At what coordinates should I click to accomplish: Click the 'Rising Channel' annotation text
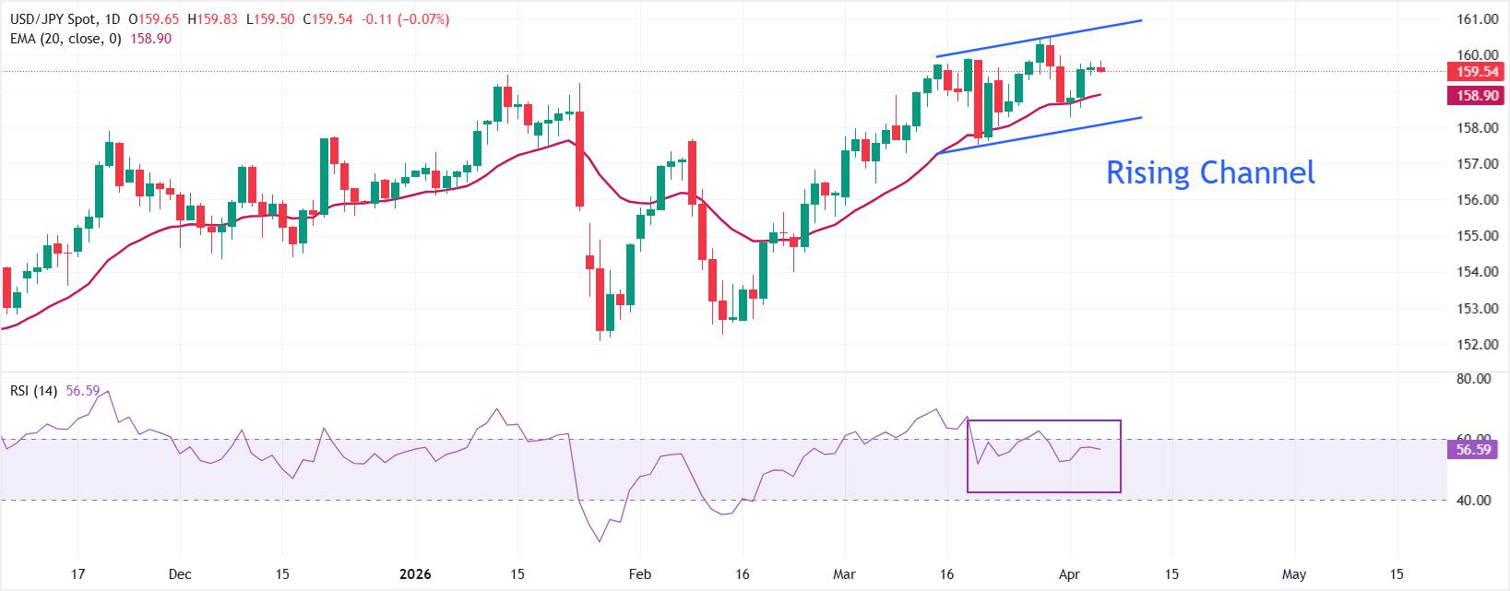[x=1209, y=172]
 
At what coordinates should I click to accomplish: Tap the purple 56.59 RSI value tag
[x=1474, y=450]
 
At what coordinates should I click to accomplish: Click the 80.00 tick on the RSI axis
[x=1474, y=378]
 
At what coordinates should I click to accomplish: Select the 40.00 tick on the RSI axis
[x=1474, y=500]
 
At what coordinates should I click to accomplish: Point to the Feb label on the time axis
[x=639, y=574]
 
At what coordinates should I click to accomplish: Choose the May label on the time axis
[x=1294, y=574]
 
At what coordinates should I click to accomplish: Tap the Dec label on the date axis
[x=181, y=574]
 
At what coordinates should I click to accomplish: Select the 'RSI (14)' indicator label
[x=33, y=391]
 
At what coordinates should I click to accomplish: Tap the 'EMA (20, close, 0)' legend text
[x=65, y=39]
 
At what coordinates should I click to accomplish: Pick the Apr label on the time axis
[x=1070, y=574]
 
